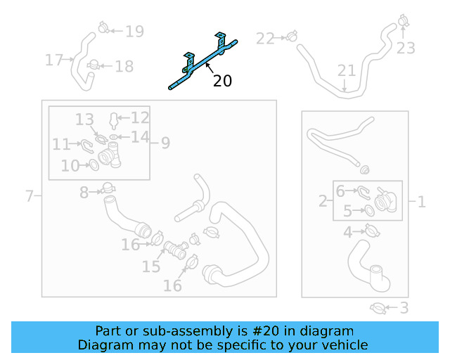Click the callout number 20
222,81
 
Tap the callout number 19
135,32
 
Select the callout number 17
54,60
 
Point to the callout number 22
265,39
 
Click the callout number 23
406,48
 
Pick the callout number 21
347,70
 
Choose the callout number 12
140,117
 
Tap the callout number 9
166,143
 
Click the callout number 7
30,195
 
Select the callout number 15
151,266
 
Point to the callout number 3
404,308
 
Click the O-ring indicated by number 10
94,165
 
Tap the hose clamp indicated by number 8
108,188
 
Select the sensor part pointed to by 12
114,120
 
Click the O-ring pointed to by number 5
369,210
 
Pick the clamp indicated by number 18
94,65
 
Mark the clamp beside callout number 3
378,309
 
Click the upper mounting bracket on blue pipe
221,41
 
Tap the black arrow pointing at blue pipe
210,68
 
